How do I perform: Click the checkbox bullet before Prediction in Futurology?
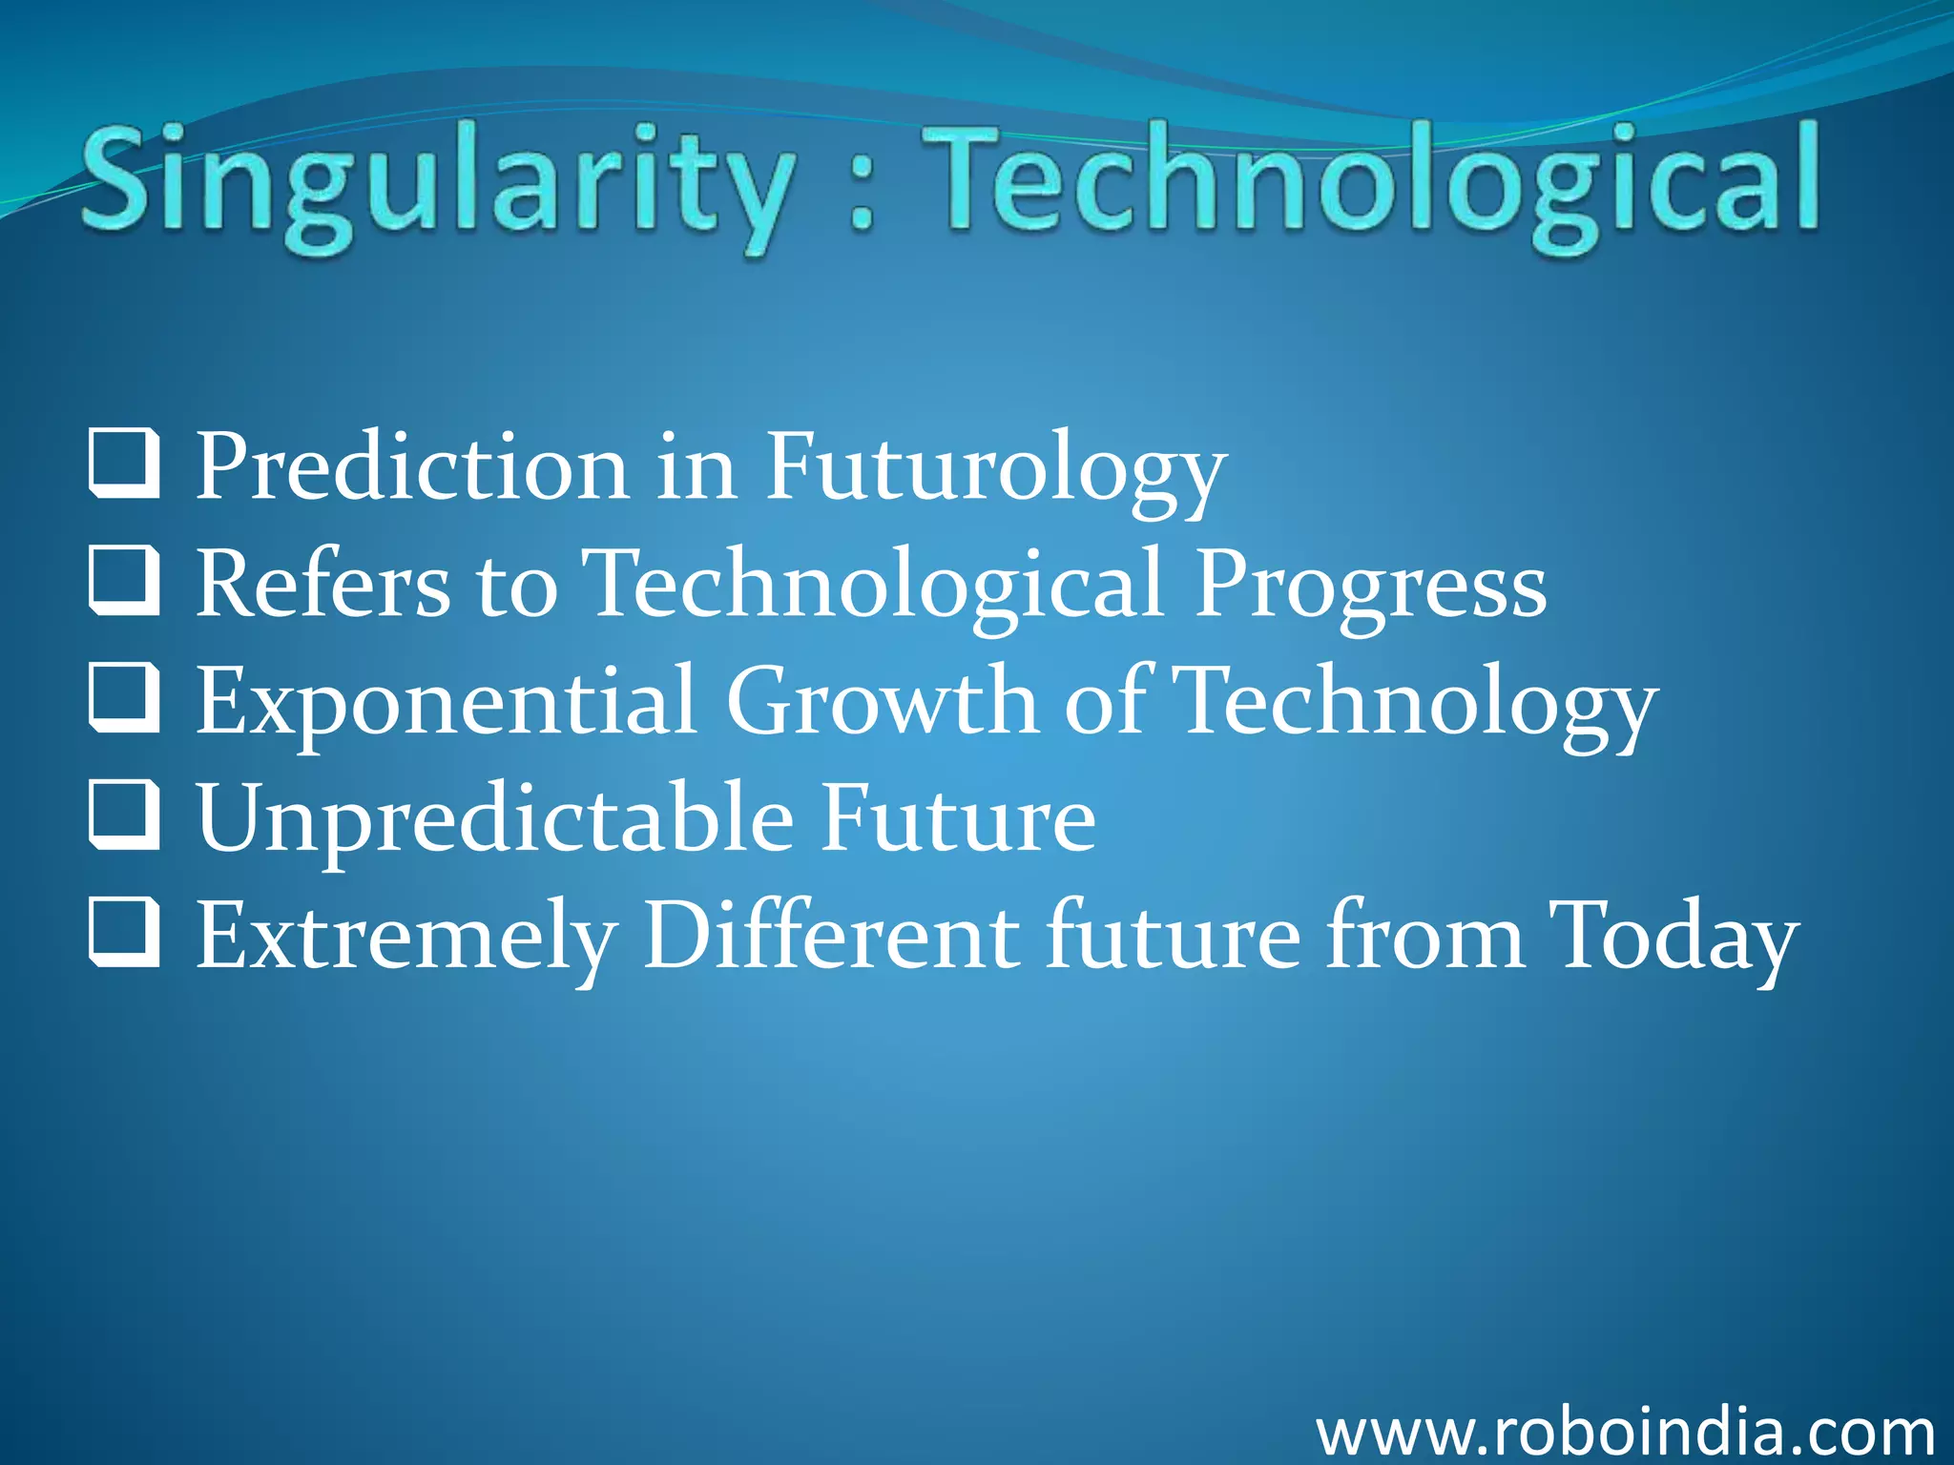pos(124,464)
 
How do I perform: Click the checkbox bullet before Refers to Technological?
pos(124,581)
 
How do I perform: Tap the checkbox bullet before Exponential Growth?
pos(124,699)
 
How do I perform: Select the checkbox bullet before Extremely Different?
pos(124,934)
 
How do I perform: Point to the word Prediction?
pos(411,467)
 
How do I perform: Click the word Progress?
pos(1370,585)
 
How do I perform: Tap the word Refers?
pos(322,585)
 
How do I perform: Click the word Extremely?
pos(405,938)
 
